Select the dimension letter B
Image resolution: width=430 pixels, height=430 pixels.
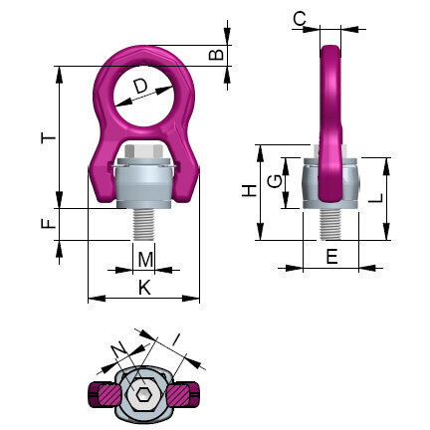[216, 56]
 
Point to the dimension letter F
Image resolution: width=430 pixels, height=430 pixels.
[46, 224]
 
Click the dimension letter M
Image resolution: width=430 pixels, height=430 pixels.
[145, 261]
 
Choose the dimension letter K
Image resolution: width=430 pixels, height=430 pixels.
[143, 288]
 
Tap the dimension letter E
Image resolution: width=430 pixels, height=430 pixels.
[331, 257]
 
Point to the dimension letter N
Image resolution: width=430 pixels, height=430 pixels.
[118, 347]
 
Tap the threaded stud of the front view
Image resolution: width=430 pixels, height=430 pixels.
[145, 222]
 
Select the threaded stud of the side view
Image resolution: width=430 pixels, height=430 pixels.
[329, 222]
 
